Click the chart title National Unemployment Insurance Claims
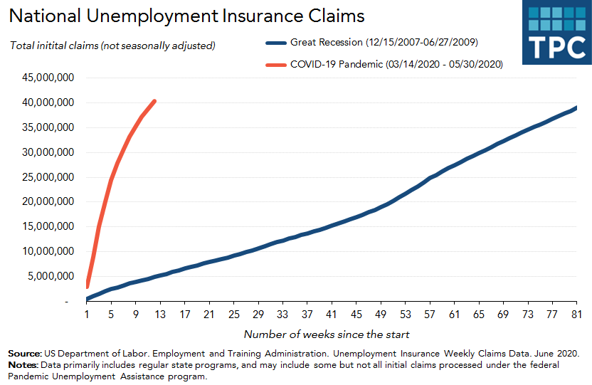point(186,16)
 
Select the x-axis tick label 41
point(332,314)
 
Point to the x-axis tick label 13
point(160,314)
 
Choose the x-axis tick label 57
point(430,314)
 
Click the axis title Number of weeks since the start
point(327,334)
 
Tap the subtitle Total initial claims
point(112,46)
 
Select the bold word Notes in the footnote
point(23,365)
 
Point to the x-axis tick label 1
point(87,314)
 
